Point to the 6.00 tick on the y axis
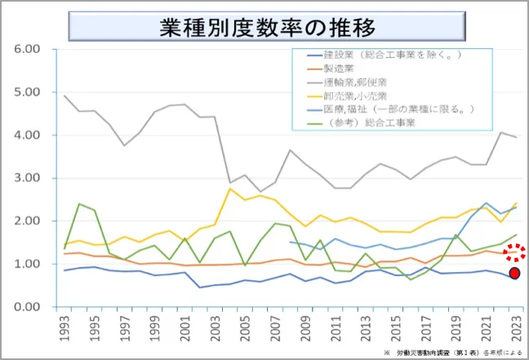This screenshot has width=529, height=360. point(29,49)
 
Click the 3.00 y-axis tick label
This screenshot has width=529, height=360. point(29,178)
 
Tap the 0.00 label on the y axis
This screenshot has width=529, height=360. point(29,307)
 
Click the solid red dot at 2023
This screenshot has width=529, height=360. point(514,273)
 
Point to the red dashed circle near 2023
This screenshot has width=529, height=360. point(513,254)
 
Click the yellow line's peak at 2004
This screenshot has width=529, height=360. point(230,189)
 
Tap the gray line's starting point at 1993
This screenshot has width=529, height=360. point(64,96)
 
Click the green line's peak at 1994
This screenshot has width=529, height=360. point(79,204)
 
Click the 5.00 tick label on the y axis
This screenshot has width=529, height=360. point(29,92)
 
